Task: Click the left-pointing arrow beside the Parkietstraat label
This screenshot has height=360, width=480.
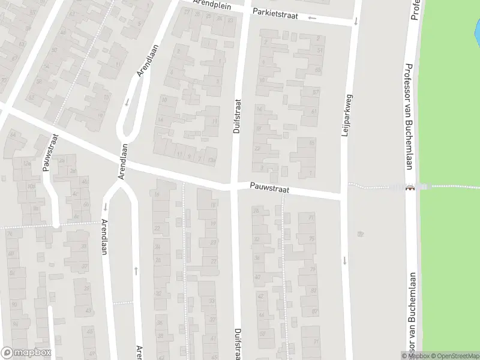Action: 311,17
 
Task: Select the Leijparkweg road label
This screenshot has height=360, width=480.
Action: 345,117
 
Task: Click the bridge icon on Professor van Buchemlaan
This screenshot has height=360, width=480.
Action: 410,187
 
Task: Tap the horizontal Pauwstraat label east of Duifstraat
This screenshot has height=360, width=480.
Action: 270,189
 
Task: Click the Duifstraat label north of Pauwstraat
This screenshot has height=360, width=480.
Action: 236,116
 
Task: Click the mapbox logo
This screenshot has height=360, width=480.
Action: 26,353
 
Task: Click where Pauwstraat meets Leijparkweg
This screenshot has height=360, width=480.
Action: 343,195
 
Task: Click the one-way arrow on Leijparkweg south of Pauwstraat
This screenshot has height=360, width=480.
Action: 345,260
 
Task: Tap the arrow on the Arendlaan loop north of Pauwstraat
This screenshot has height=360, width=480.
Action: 127,101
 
